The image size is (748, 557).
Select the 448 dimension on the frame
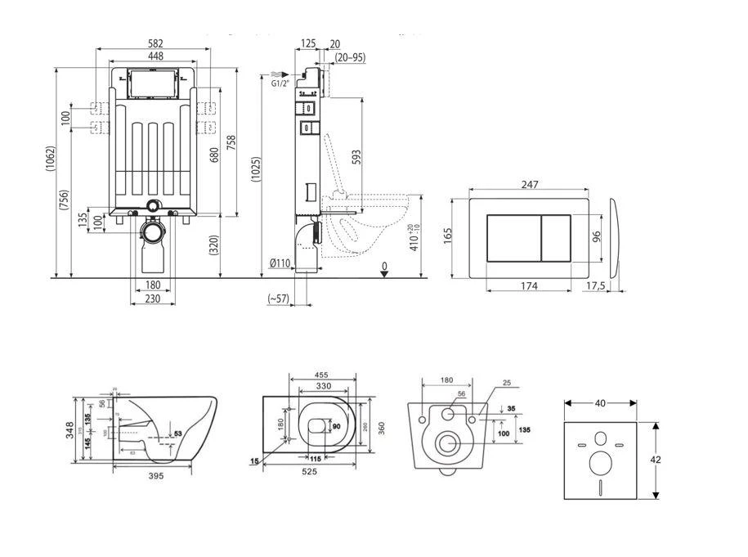point(156,56)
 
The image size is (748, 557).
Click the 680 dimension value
point(215,154)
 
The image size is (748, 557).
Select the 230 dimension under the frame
point(152,299)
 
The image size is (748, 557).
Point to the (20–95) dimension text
point(350,58)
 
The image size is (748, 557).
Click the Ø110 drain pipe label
point(279,263)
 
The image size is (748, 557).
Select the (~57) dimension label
point(280,299)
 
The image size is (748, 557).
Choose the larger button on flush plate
point(513,238)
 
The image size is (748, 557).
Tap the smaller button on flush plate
point(556,238)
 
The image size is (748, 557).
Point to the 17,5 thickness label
point(596,287)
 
